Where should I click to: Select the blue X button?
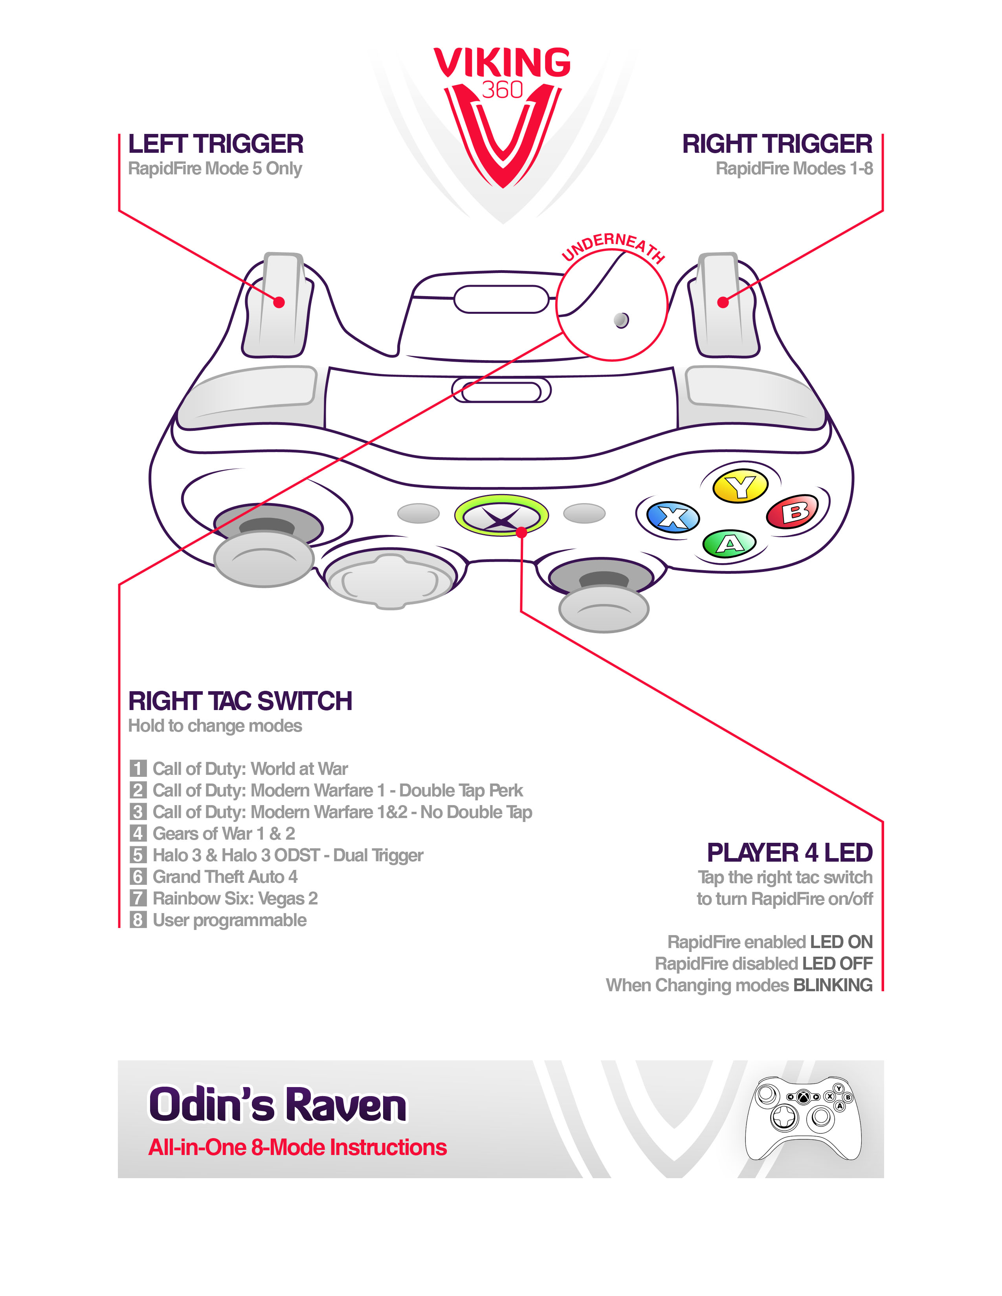click(673, 517)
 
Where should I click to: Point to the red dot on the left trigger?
click(279, 302)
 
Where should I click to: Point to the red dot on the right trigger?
click(722, 302)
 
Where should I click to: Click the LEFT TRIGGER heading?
click(215, 144)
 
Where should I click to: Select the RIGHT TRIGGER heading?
click(777, 144)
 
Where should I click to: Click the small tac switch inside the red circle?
click(621, 320)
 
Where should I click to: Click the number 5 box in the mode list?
click(138, 855)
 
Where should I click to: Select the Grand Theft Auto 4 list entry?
click(225, 877)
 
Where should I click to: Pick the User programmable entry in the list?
click(229, 920)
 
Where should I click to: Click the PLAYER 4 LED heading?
click(789, 853)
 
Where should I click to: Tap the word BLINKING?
click(833, 985)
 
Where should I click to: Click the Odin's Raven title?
click(277, 1105)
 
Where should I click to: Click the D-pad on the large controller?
click(390, 580)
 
